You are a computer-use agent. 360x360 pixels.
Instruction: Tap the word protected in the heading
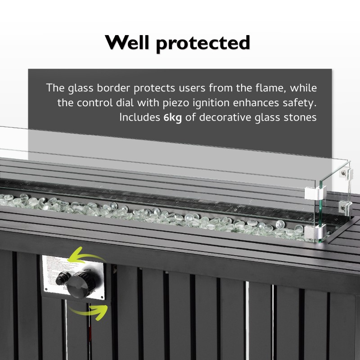[x=205, y=44]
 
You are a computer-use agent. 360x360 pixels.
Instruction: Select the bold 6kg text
[x=173, y=118]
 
